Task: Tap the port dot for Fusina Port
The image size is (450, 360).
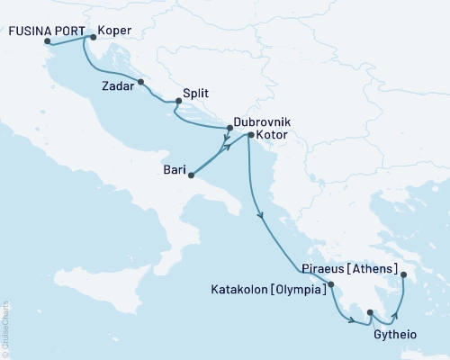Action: (x=47, y=40)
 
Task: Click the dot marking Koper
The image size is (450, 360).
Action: (x=93, y=37)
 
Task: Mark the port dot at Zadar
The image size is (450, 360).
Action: (x=140, y=83)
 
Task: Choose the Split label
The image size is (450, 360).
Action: (x=197, y=93)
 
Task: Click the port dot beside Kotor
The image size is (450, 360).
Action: (x=250, y=135)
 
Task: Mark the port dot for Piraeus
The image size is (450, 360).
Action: (x=402, y=274)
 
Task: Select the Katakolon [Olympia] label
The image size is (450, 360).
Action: (x=267, y=292)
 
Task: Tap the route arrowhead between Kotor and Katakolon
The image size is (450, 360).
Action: (x=260, y=215)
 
